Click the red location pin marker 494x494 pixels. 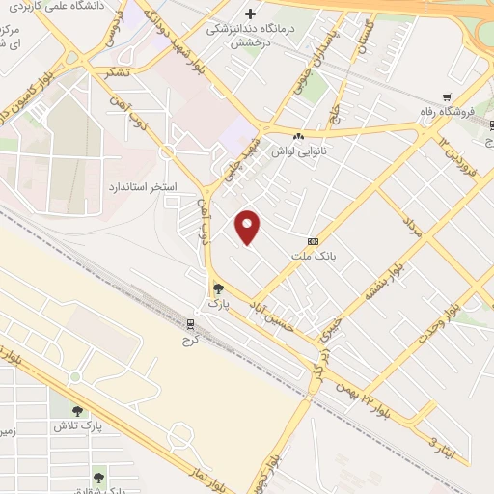pos(248,228)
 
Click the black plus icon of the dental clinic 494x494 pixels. pos(251,14)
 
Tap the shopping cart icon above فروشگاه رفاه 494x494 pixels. pos(446,96)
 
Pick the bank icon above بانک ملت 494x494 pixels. pos(313,241)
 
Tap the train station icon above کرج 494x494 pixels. pos(190,324)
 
